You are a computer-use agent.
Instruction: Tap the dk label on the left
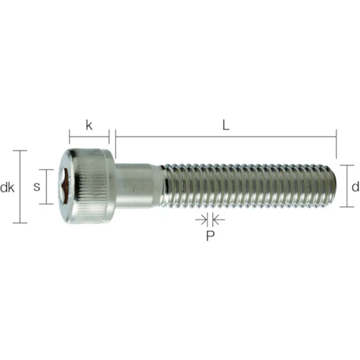7,188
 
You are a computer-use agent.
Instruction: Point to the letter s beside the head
36,187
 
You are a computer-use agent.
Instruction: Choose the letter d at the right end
355,187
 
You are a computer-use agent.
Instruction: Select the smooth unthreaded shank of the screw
136,186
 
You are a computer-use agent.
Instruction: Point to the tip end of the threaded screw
331,186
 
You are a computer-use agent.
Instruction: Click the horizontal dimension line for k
89,137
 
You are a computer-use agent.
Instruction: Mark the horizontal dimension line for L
226,137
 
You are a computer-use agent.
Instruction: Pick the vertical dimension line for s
46,186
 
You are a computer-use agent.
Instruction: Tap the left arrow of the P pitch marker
200,220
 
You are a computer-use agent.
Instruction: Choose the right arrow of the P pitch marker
219,220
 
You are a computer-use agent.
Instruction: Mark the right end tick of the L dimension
336,144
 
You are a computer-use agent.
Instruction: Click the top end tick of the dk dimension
20,150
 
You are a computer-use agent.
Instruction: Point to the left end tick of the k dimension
70,137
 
